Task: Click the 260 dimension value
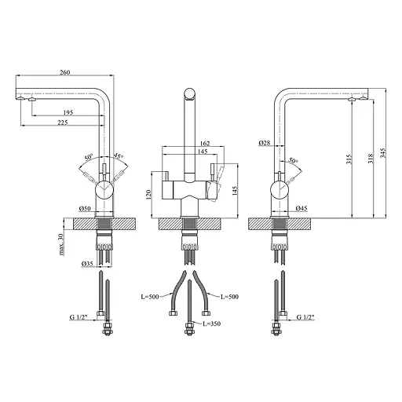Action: tap(64, 72)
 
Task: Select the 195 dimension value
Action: tap(68, 112)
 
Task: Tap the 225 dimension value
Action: tap(63, 122)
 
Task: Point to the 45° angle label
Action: tap(118, 156)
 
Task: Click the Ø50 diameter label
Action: tap(85, 209)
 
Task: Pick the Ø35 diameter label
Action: tap(87, 264)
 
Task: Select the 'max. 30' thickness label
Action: tap(61, 244)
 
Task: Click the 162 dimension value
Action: tap(205, 144)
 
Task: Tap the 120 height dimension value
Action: tap(148, 195)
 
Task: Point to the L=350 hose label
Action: tap(212, 323)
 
